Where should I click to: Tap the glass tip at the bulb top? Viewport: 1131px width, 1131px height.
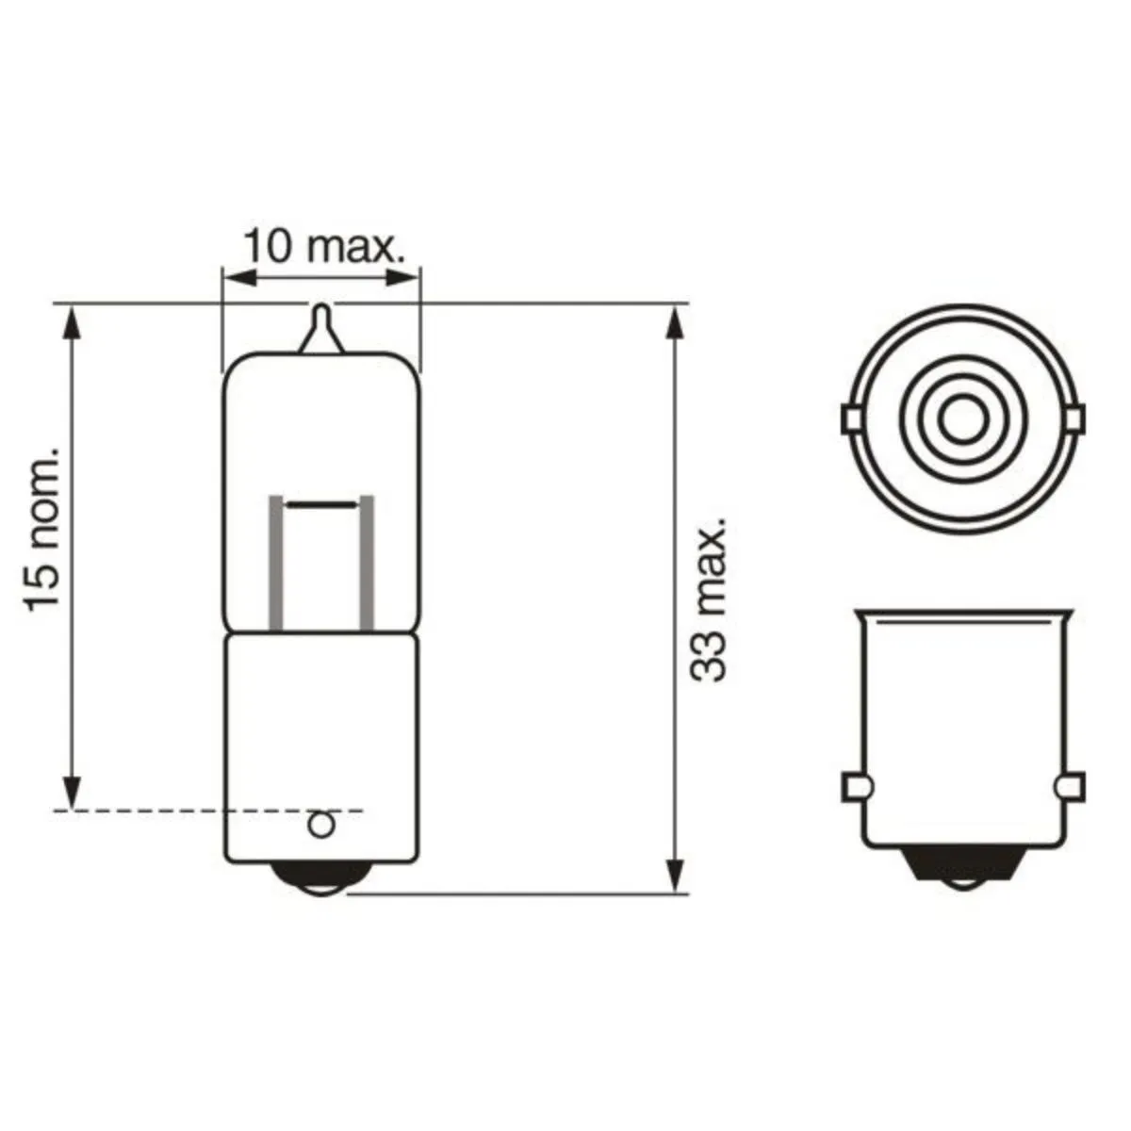point(320,325)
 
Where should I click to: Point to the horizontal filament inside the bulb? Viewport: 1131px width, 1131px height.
point(322,506)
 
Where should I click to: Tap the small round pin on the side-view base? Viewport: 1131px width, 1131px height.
point(322,825)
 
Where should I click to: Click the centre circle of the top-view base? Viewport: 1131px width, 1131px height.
point(962,416)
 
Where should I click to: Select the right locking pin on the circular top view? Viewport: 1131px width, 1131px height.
point(1074,418)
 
